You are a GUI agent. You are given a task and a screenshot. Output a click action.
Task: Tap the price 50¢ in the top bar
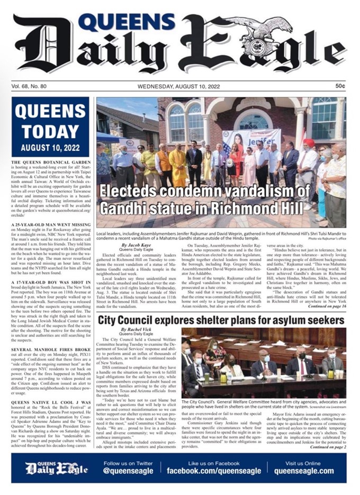(x=339, y=86)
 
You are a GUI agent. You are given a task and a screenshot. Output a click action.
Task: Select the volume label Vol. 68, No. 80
(x=31, y=86)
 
